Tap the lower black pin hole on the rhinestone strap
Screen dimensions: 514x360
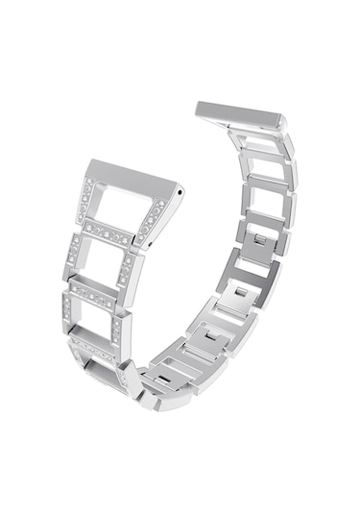(x=154, y=247)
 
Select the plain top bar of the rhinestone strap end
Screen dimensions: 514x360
(x=132, y=174)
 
